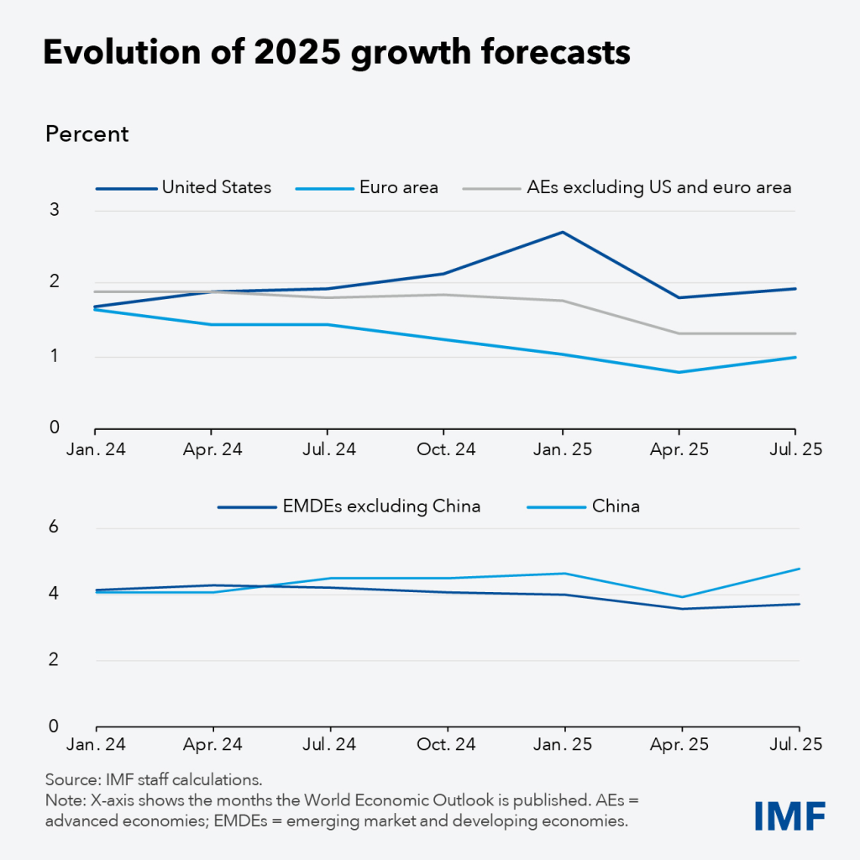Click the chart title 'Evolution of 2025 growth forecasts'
coord(336,52)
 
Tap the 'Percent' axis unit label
coord(87,134)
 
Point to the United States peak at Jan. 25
coord(563,232)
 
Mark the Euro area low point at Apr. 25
coord(680,372)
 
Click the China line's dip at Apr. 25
coord(680,597)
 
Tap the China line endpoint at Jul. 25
coord(799,569)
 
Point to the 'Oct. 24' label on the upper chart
coord(445,449)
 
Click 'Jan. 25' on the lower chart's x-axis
coord(563,745)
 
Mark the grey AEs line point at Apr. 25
coord(680,333)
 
